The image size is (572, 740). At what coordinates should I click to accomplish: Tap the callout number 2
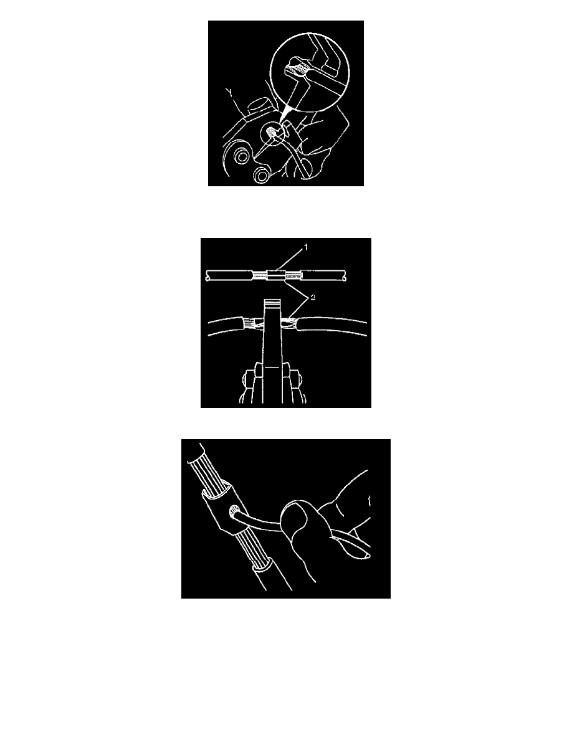[312, 297]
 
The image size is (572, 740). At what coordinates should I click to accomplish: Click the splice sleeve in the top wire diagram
[277, 275]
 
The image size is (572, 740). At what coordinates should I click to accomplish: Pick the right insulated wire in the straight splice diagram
[324, 275]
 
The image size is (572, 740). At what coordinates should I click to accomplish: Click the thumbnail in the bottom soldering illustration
[294, 515]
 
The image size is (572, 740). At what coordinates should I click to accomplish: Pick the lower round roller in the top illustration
[262, 174]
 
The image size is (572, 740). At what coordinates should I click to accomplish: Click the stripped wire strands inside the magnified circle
[297, 72]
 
